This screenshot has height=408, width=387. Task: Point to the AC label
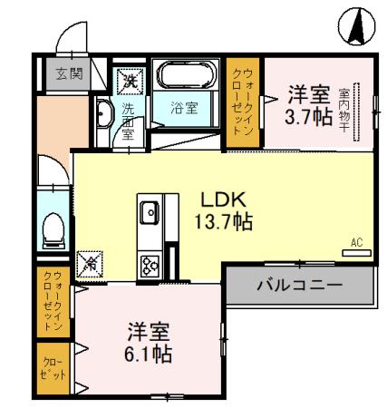point(356,241)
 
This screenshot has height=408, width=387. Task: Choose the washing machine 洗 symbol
point(130,80)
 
